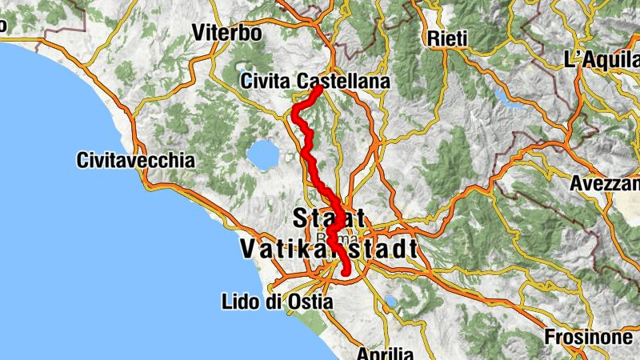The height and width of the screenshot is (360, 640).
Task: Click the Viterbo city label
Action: (227, 34)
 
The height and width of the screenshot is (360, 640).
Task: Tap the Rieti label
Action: (446, 38)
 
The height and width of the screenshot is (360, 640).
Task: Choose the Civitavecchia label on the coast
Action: (136, 160)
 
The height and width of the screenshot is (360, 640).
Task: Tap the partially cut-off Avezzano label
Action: (605, 183)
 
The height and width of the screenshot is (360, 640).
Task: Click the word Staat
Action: (330, 217)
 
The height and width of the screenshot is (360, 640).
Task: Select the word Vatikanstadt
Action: (328, 249)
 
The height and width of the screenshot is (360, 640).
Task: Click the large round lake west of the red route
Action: (262, 153)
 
